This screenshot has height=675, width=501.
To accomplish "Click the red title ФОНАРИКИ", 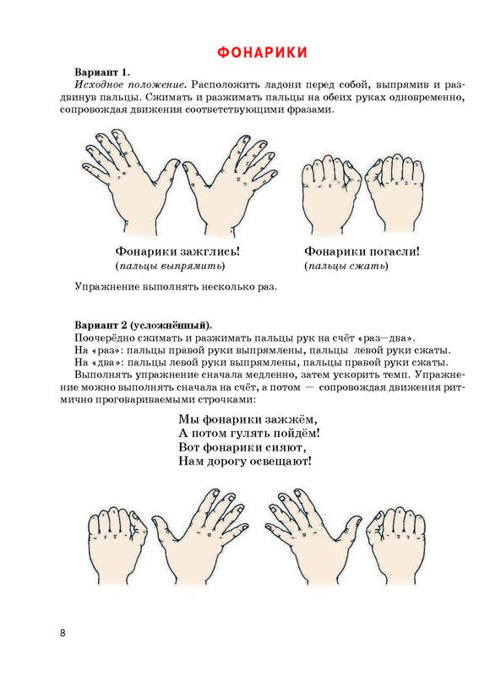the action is [262, 52].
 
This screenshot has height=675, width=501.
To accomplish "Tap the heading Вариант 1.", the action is [102, 72].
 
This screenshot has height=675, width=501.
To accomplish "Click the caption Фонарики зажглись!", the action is [177, 251].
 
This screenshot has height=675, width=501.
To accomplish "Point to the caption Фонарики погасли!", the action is [362, 251].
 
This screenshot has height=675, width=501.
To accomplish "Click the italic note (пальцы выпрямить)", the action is [171, 266].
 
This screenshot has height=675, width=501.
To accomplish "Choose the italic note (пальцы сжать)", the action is [346, 266].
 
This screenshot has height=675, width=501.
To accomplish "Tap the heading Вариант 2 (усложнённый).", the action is [143, 324].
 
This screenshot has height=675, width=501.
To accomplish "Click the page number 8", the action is [63, 634].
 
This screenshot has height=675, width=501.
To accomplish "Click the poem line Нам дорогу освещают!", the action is [245, 462].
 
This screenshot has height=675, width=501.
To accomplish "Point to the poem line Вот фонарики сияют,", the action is [242, 447].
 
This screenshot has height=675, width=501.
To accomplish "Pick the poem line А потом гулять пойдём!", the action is [248, 433].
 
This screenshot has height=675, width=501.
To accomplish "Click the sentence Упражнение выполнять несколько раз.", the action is [176, 287].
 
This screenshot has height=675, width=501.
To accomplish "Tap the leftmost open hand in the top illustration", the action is [129, 181].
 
